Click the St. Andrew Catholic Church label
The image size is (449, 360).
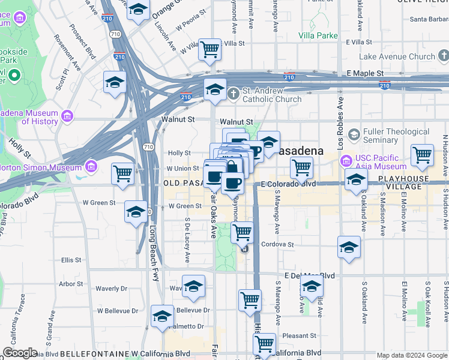271,95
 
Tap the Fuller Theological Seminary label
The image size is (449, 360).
396,136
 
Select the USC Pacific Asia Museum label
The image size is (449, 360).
381,162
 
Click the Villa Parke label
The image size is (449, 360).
318,35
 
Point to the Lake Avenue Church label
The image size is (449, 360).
397,57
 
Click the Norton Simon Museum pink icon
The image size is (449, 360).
91,166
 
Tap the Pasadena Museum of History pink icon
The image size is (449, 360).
67,115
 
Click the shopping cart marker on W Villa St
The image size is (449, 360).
209,49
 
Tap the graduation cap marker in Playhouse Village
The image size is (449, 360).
356,179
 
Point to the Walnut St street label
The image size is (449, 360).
178,119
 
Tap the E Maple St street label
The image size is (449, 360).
365,73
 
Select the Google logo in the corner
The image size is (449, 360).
20,353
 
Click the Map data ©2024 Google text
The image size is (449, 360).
412,355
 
